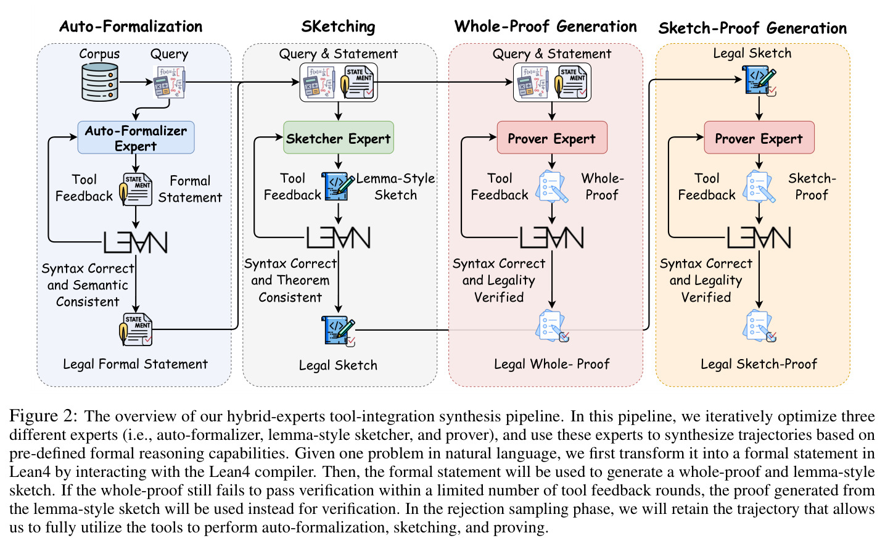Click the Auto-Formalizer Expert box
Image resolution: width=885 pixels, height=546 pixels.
point(136,138)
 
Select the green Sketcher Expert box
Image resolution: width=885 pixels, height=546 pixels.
point(339,138)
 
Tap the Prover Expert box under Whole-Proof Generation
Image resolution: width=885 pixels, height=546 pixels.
point(552,138)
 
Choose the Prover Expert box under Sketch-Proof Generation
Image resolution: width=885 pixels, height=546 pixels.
point(759,138)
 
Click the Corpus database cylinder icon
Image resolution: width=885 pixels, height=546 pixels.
point(100,82)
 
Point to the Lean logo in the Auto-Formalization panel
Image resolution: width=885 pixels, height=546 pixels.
point(136,242)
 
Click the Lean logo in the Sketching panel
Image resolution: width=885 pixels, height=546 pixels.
point(339,238)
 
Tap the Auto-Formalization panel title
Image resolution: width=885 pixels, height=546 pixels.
point(131,27)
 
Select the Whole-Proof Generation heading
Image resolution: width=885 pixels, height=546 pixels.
point(546,27)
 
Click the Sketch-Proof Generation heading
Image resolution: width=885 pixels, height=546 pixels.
point(752,28)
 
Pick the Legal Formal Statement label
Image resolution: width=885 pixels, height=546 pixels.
point(136,364)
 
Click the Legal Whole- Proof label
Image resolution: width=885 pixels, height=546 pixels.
point(552,364)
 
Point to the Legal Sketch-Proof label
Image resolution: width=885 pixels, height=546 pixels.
point(759,364)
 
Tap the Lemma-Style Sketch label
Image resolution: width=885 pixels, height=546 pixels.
point(395,186)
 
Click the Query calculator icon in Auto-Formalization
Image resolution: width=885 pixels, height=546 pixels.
point(169,82)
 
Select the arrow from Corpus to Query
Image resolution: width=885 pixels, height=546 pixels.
point(136,82)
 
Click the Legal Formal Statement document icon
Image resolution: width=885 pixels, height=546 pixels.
point(136,329)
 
